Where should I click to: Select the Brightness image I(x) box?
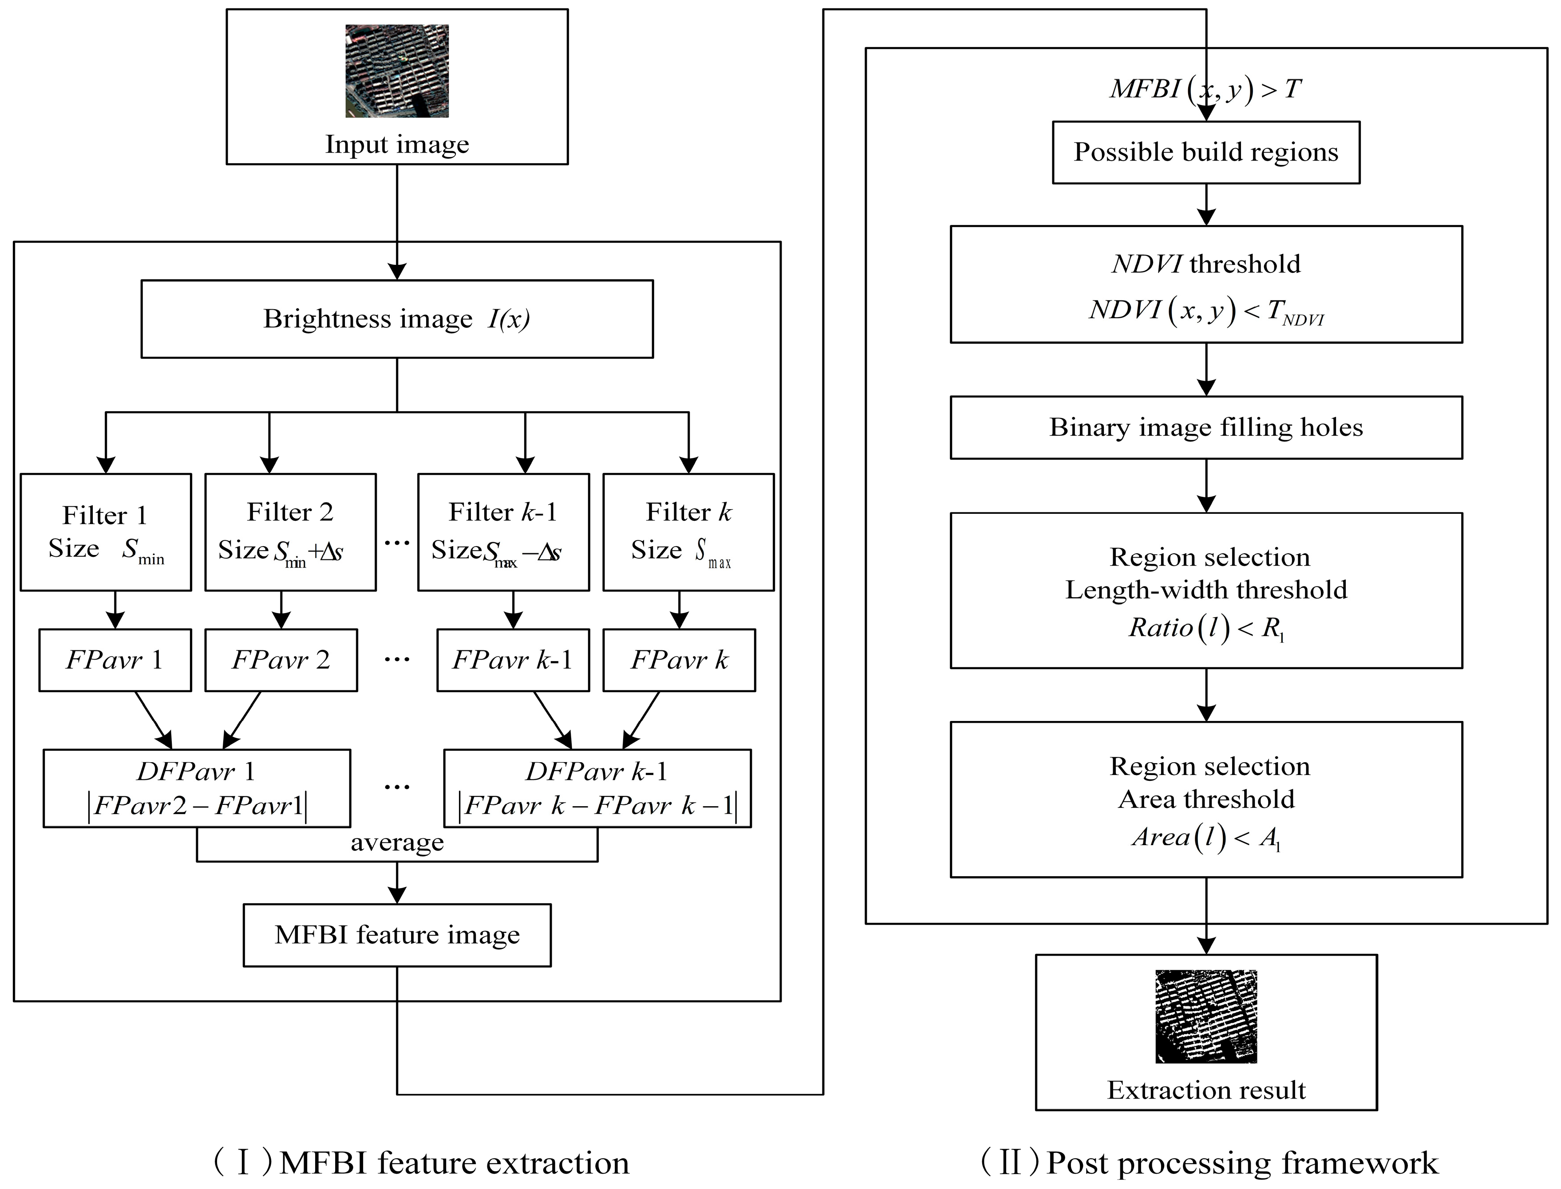tap(396, 319)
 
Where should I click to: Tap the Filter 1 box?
tap(106, 532)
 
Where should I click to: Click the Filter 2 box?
tap(290, 532)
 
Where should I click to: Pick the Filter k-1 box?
tap(503, 532)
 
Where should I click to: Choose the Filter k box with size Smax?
tap(688, 532)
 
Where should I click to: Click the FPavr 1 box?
tap(115, 660)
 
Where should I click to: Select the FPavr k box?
tap(679, 660)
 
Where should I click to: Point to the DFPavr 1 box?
tap(197, 788)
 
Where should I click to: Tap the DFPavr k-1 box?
tap(597, 788)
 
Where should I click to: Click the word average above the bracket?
tap(397, 842)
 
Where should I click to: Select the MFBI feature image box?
tap(397, 935)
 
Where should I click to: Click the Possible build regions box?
tap(1205, 152)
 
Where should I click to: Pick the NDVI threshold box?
tap(1205, 284)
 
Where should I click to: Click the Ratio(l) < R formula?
tap(1205, 628)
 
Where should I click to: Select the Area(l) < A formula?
tap(1205, 837)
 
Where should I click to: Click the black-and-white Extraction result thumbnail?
tap(1205, 1016)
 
